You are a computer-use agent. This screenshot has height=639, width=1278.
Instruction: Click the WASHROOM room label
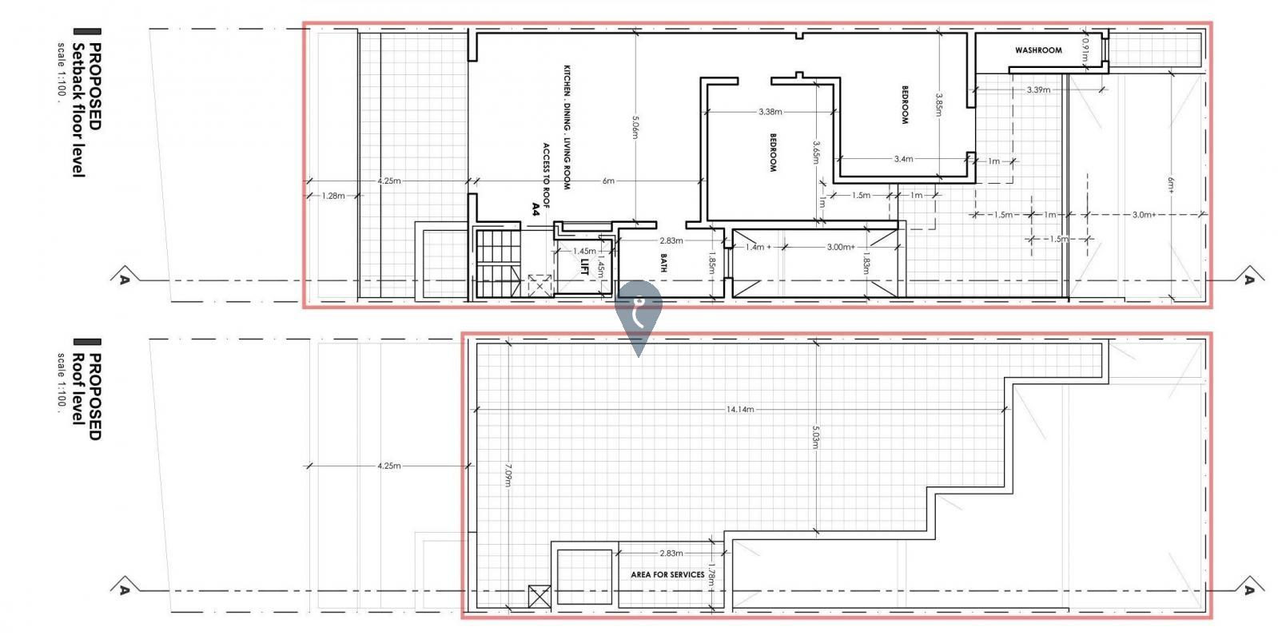(x=1038, y=50)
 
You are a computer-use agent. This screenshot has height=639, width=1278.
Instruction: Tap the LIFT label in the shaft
(x=584, y=267)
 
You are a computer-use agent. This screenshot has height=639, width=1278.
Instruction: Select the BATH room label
(x=663, y=263)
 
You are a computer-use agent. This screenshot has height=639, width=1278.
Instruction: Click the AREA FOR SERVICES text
(x=667, y=574)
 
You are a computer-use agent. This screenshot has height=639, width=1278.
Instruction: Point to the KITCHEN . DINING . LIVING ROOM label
(x=567, y=127)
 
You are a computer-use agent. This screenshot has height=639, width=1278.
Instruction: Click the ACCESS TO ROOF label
(x=546, y=176)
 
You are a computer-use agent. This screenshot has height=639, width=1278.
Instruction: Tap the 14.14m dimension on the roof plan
(x=740, y=409)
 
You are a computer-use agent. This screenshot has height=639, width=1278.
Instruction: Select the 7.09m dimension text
(x=508, y=474)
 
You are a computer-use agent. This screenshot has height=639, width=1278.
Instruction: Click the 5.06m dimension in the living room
(x=635, y=128)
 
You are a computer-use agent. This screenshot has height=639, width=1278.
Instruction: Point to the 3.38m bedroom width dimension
(x=770, y=112)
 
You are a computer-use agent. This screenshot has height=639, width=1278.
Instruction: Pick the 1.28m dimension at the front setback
(x=333, y=196)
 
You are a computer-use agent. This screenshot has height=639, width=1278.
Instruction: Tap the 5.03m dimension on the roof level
(x=816, y=437)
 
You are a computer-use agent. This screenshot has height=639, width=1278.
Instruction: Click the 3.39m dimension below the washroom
(x=1038, y=89)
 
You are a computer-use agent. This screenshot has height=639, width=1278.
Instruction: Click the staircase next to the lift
(x=498, y=264)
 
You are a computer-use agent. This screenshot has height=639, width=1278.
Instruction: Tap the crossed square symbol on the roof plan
(x=539, y=597)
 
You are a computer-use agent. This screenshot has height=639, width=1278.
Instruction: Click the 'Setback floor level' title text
(x=78, y=110)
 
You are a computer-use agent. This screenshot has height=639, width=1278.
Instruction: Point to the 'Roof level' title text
(x=78, y=389)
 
